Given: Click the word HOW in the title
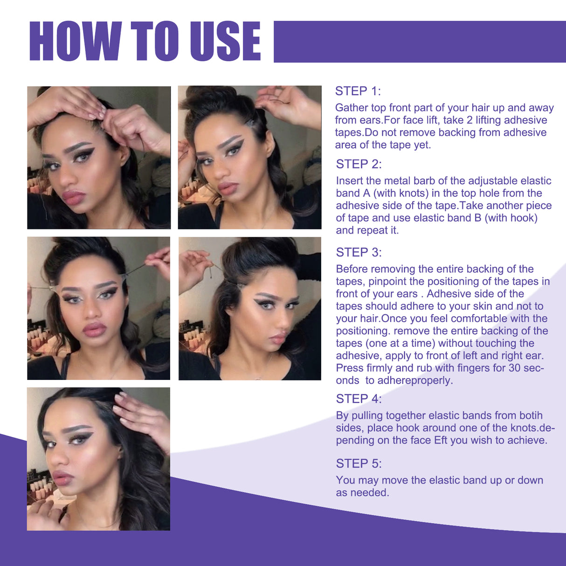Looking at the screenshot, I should (x=75, y=41).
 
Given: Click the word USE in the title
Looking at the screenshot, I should (x=225, y=41).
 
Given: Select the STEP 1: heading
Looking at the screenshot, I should (x=358, y=91).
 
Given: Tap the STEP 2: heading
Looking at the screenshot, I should (x=359, y=164).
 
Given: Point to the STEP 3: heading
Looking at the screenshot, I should (x=359, y=252).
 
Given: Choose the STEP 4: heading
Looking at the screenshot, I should (x=359, y=399).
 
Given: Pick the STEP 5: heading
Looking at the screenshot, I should (x=359, y=463).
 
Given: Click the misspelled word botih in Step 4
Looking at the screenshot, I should (x=531, y=415).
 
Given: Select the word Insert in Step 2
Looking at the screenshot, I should (x=349, y=181).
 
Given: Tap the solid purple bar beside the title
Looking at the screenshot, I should (x=420, y=41).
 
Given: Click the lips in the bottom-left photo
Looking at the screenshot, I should (x=62, y=478).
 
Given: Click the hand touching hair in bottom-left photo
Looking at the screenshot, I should (x=140, y=415).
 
